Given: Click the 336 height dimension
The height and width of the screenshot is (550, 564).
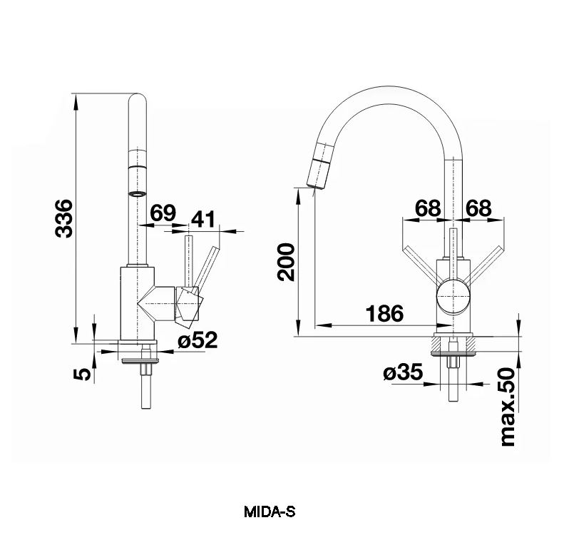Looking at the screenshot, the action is click(x=64, y=218).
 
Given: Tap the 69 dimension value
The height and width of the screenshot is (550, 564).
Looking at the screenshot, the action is click(x=163, y=213).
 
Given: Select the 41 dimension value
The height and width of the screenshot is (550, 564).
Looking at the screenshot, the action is click(x=202, y=219).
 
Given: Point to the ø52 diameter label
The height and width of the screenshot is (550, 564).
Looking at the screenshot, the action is click(x=198, y=340).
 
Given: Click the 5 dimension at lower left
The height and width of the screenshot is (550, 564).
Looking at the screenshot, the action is click(x=83, y=374).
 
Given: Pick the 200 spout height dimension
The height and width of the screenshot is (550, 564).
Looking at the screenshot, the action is click(x=286, y=262).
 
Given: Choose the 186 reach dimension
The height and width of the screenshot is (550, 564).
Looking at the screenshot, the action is click(x=384, y=313).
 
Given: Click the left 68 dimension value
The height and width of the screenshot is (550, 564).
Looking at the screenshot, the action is click(x=428, y=208).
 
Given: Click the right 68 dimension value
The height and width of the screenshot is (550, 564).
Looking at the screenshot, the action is click(x=478, y=208).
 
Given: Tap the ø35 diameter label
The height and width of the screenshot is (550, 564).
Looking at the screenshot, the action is click(x=403, y=372).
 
